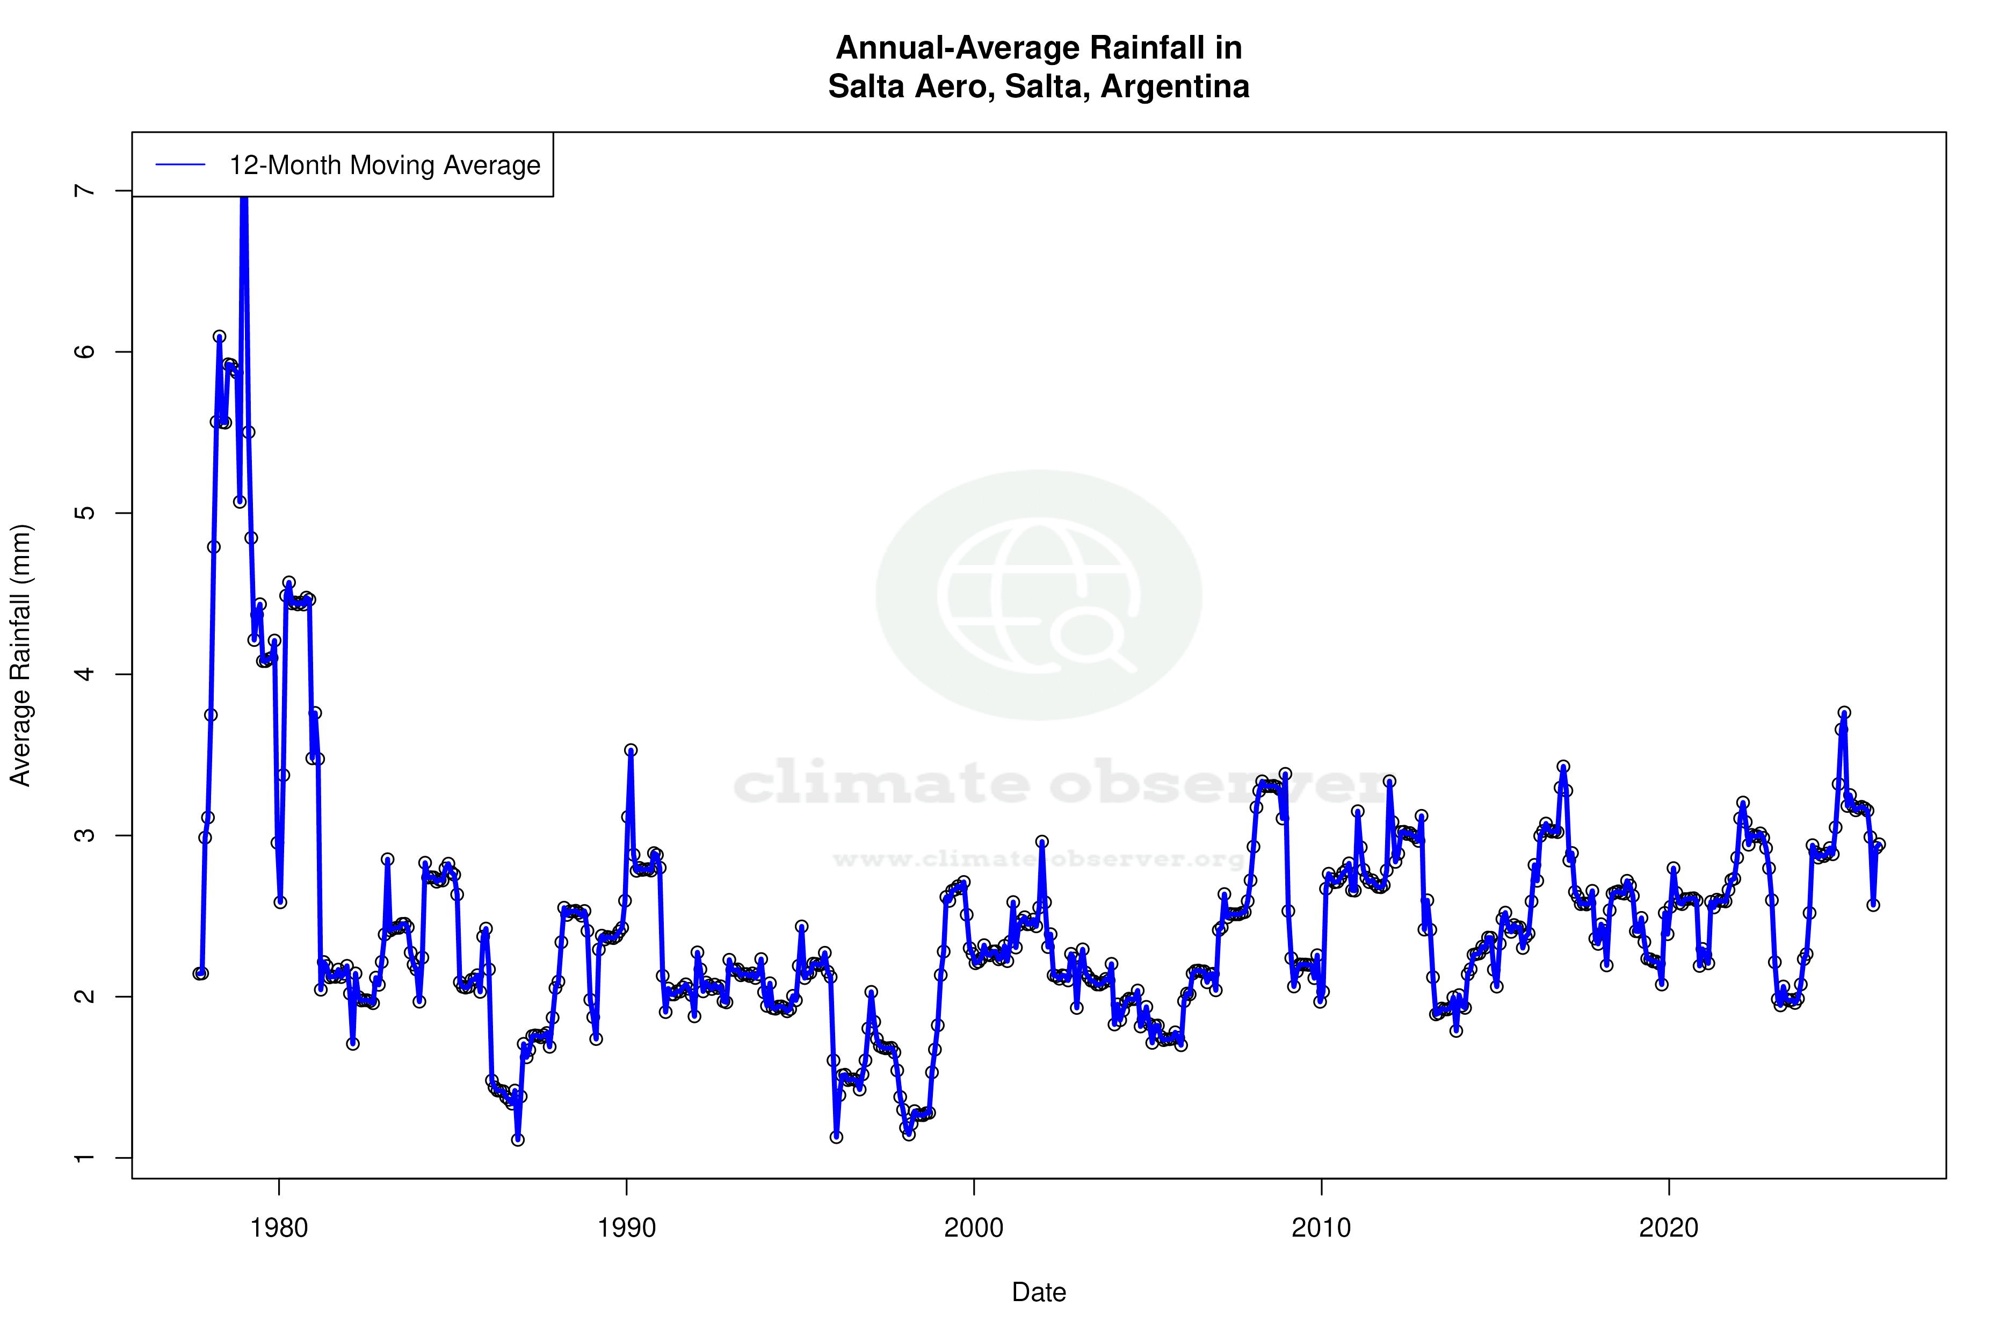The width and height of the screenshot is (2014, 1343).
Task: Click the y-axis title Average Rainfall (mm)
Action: coord(20,655)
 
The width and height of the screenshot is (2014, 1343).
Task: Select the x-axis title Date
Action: coord(1039,1293)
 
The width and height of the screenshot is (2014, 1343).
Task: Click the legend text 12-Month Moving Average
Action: coord(385,165)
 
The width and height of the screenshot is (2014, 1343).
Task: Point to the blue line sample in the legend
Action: coord(180,165)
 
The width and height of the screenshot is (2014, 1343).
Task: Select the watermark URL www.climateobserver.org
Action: coord(1039,859)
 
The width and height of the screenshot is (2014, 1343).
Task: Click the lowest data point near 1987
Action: coord(518,1140)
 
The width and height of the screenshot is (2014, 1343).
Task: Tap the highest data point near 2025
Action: coord(1844,713)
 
